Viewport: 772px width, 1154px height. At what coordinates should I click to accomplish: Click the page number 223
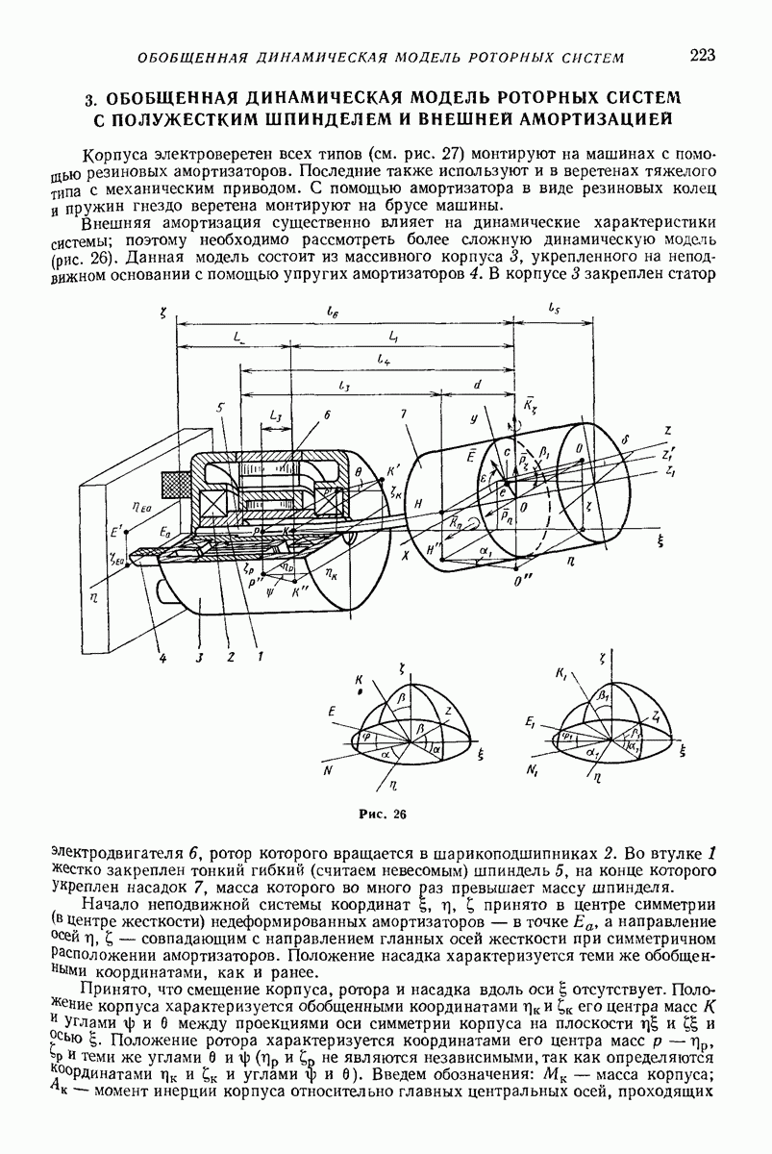(703, 55)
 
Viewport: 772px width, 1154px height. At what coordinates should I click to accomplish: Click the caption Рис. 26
(382, 814)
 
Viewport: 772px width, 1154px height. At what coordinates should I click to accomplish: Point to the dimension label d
(479, 384)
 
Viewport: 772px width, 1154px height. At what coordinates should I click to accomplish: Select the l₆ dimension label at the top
(331, 312)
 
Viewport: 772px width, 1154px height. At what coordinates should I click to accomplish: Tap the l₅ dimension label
(554, 310)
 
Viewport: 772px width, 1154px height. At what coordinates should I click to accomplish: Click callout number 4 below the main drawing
(162, 658)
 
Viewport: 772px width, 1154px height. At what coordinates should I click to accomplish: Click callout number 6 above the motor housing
(327, 416)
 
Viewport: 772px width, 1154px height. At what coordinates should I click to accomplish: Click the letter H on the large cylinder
(418, 505)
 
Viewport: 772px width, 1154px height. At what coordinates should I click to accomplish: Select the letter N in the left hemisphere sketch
(328, 770)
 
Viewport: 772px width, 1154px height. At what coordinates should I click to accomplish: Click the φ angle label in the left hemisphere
(366, 736)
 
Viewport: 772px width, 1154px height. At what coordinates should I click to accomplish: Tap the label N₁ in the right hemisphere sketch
(533, 770)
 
